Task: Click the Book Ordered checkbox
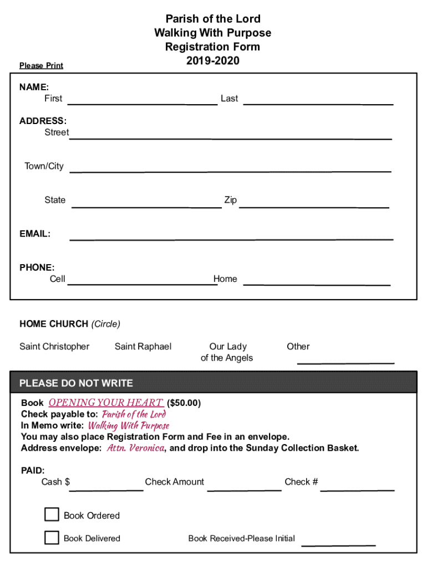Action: [x=52, y=514]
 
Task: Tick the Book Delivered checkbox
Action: [x=52, y=537]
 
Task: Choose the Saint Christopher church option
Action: [x=54, y=347]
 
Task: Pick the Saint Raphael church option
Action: [x=143, y=347]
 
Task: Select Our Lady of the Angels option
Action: [x=227, y=352]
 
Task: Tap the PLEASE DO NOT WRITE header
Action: [x=77, y=383]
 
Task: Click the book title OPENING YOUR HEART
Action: [x=105, y=403]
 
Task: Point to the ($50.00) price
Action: [x=184, y=403]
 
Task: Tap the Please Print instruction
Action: [x=41, y=66]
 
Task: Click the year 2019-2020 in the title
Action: [x=213, y=61]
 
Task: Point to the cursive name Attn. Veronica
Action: [x=135, y=448]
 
